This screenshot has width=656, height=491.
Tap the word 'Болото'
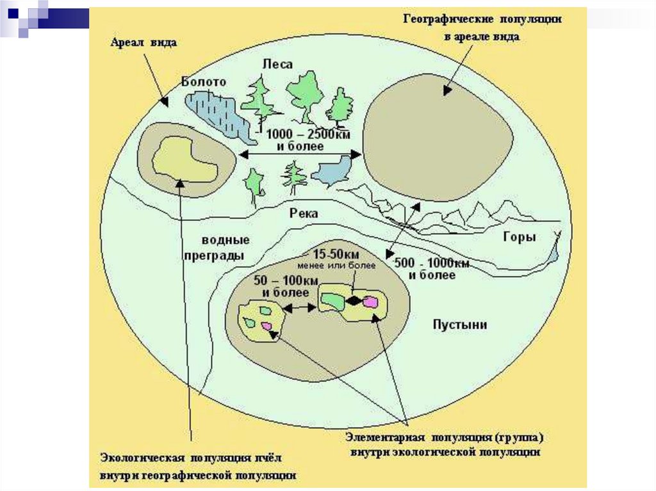point(204,82)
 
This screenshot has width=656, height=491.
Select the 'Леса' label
point(277,64)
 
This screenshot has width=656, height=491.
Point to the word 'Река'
point(304,213)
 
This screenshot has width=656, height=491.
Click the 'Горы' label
point(519,237)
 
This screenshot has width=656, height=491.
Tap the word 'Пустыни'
point(460,325)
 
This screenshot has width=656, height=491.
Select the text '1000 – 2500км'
point(300,134)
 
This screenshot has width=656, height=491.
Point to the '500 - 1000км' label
point(432,264)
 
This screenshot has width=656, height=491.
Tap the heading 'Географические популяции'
point(482,19)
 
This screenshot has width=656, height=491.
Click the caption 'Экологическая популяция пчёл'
point(190,458)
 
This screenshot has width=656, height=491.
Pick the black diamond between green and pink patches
point(354,300)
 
